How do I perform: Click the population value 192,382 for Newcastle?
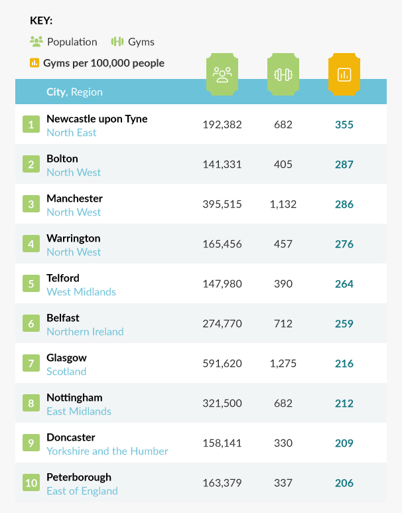[222, 125]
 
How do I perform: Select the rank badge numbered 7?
[31, 363]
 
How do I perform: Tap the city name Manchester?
[74, 198]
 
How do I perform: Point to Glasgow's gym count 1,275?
[283, 364]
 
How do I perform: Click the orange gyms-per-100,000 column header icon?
[344, 74]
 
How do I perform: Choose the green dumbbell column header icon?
[283, 74]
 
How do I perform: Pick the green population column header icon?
[222, 74]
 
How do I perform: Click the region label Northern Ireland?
[85, 332]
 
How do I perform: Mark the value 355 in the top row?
[344, 125]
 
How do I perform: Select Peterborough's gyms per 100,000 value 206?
[344, 483]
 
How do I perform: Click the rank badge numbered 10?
[31, 482]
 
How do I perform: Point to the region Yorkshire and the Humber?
[107, 451]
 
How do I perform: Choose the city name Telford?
[63, 278]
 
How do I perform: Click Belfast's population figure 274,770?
[222, 324]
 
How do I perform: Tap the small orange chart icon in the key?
[35, 63]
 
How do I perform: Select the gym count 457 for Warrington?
[283, 244]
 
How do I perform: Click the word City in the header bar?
[56, 92]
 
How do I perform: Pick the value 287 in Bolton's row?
[344, 165]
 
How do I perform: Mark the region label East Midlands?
[79, 411]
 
